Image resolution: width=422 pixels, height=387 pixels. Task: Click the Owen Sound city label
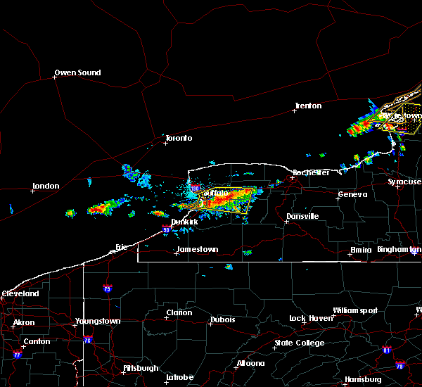click(x=78, y=72)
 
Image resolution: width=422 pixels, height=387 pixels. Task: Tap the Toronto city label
click(x=178, y=138)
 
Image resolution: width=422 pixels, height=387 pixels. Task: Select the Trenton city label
click(x=308, y=106)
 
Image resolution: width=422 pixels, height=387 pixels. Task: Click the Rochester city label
click(x=311, y=172)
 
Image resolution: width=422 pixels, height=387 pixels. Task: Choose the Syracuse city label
click(x=404, y=182)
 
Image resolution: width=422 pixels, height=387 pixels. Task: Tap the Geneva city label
click(x=352, y=195)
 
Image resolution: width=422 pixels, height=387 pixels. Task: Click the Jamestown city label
click(x=197, y=249)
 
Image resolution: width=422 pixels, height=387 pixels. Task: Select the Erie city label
click(x=122, y=246)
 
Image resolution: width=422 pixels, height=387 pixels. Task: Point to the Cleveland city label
click(x=20, y=293)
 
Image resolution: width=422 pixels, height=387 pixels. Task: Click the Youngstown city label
click(x=98, y=322)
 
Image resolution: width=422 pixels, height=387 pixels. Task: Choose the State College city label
click(x=300, y=343)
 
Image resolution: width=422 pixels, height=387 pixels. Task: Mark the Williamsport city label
click(x=355, y=310)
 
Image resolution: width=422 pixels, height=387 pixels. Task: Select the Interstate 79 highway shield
click(x=107, y=288)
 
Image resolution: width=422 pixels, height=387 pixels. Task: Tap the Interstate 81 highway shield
click(x=386, y=350)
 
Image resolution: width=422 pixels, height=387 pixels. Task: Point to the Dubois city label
click(x=222, y=321)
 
